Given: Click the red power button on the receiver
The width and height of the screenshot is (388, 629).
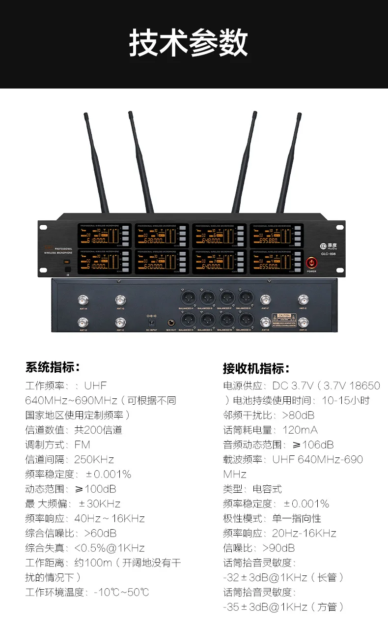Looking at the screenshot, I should coord(311,263).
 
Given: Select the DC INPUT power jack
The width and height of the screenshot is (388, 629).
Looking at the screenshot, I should coord(151,322).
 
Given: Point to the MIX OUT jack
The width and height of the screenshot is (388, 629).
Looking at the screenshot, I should coord(171,322).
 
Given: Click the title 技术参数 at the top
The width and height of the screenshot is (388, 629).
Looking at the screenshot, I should coord(189,43).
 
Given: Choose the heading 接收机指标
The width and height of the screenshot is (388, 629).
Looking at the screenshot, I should coord(256,368).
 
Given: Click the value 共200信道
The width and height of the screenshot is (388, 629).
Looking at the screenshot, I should coord(98,430).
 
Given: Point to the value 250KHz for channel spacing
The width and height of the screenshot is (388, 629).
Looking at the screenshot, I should coord(94,459).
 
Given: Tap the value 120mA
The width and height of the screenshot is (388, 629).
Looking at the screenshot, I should coord(300,430).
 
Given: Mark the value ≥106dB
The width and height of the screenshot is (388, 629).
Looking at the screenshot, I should coord(313,445).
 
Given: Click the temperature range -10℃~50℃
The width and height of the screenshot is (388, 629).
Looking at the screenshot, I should coord(121,592).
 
